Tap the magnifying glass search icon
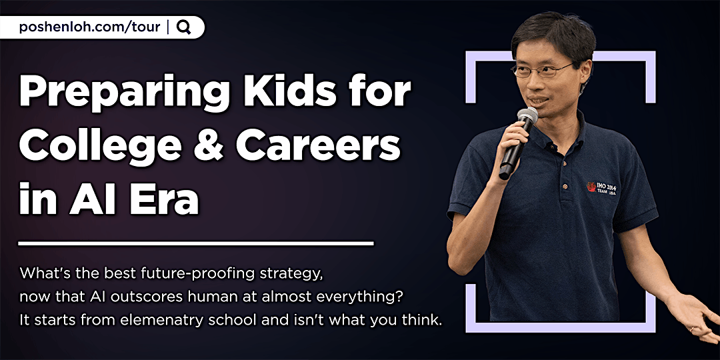tap(184, 27)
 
